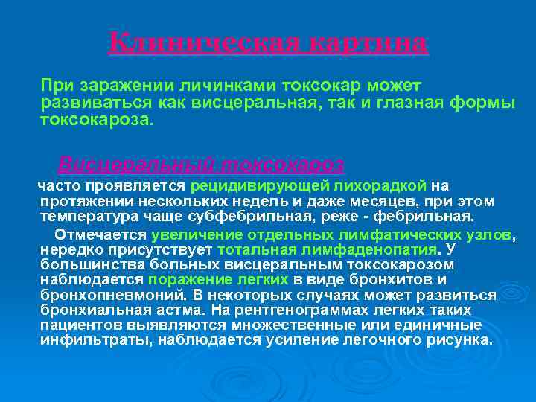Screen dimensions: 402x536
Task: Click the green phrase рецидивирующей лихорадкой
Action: click(x=308, y=186)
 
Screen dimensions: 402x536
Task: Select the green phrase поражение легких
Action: click(x=218, y=280)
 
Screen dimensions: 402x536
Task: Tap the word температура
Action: click(x=86, y=217)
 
